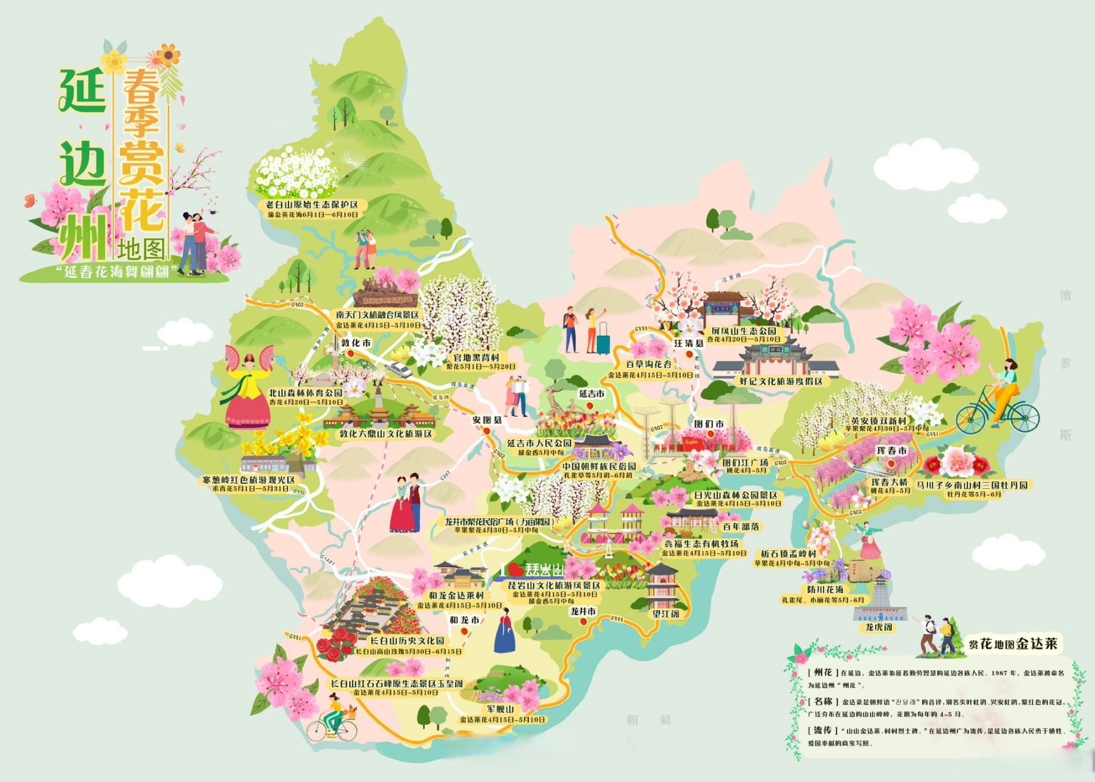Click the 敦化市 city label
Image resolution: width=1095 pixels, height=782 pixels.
356,343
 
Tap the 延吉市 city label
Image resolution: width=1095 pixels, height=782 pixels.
591,394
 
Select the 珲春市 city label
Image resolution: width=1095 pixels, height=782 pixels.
891,450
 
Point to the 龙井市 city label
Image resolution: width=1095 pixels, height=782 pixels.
583,611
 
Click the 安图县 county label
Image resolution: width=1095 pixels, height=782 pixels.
487,420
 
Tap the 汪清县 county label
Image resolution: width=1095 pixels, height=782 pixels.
689,343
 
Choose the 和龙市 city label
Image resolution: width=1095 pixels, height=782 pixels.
464,619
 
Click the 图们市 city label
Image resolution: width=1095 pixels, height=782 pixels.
709,423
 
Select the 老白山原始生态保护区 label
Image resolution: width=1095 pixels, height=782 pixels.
312,205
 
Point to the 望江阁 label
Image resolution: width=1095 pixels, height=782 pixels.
665,613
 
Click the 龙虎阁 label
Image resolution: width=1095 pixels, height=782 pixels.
879,627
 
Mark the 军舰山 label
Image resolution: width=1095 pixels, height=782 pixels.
500,709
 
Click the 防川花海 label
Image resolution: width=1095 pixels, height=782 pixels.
825,590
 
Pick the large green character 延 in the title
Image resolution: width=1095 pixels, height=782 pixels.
82,91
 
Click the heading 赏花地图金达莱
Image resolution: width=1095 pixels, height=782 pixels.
1012,643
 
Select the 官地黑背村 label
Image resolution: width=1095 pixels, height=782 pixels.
476,357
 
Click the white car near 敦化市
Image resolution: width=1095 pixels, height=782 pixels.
399,369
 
